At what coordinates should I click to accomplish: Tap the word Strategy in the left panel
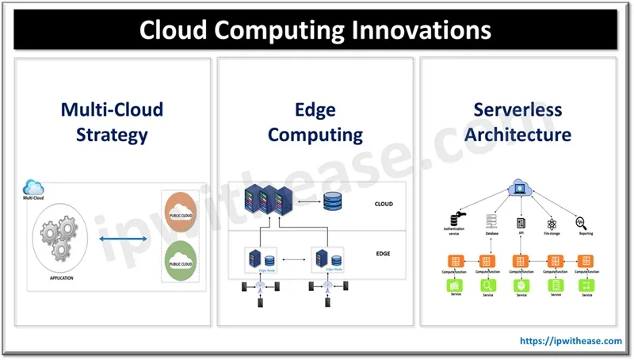pos(112,134)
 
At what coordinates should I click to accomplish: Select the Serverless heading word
pos(518,109)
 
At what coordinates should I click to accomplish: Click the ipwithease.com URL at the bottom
pos(571,340)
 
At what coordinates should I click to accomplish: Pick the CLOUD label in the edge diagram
pos(383,204)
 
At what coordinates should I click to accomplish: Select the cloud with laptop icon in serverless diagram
pos(520,189)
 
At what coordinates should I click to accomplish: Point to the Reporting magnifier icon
pos(581,222)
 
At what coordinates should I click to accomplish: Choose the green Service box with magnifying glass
pos(488,285)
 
